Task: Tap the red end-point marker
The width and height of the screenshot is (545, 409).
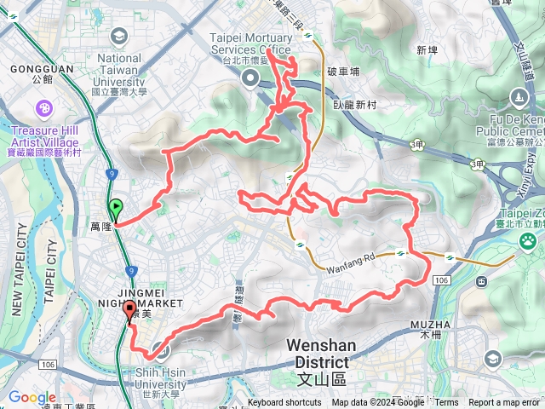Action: [129, 311]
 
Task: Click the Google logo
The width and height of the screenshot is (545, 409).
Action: [32, 398]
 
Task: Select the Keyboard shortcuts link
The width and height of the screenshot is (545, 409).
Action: [284, 403]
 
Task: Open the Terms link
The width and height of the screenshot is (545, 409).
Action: [446, 403]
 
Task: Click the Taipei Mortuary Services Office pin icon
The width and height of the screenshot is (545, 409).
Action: [251, 79]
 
